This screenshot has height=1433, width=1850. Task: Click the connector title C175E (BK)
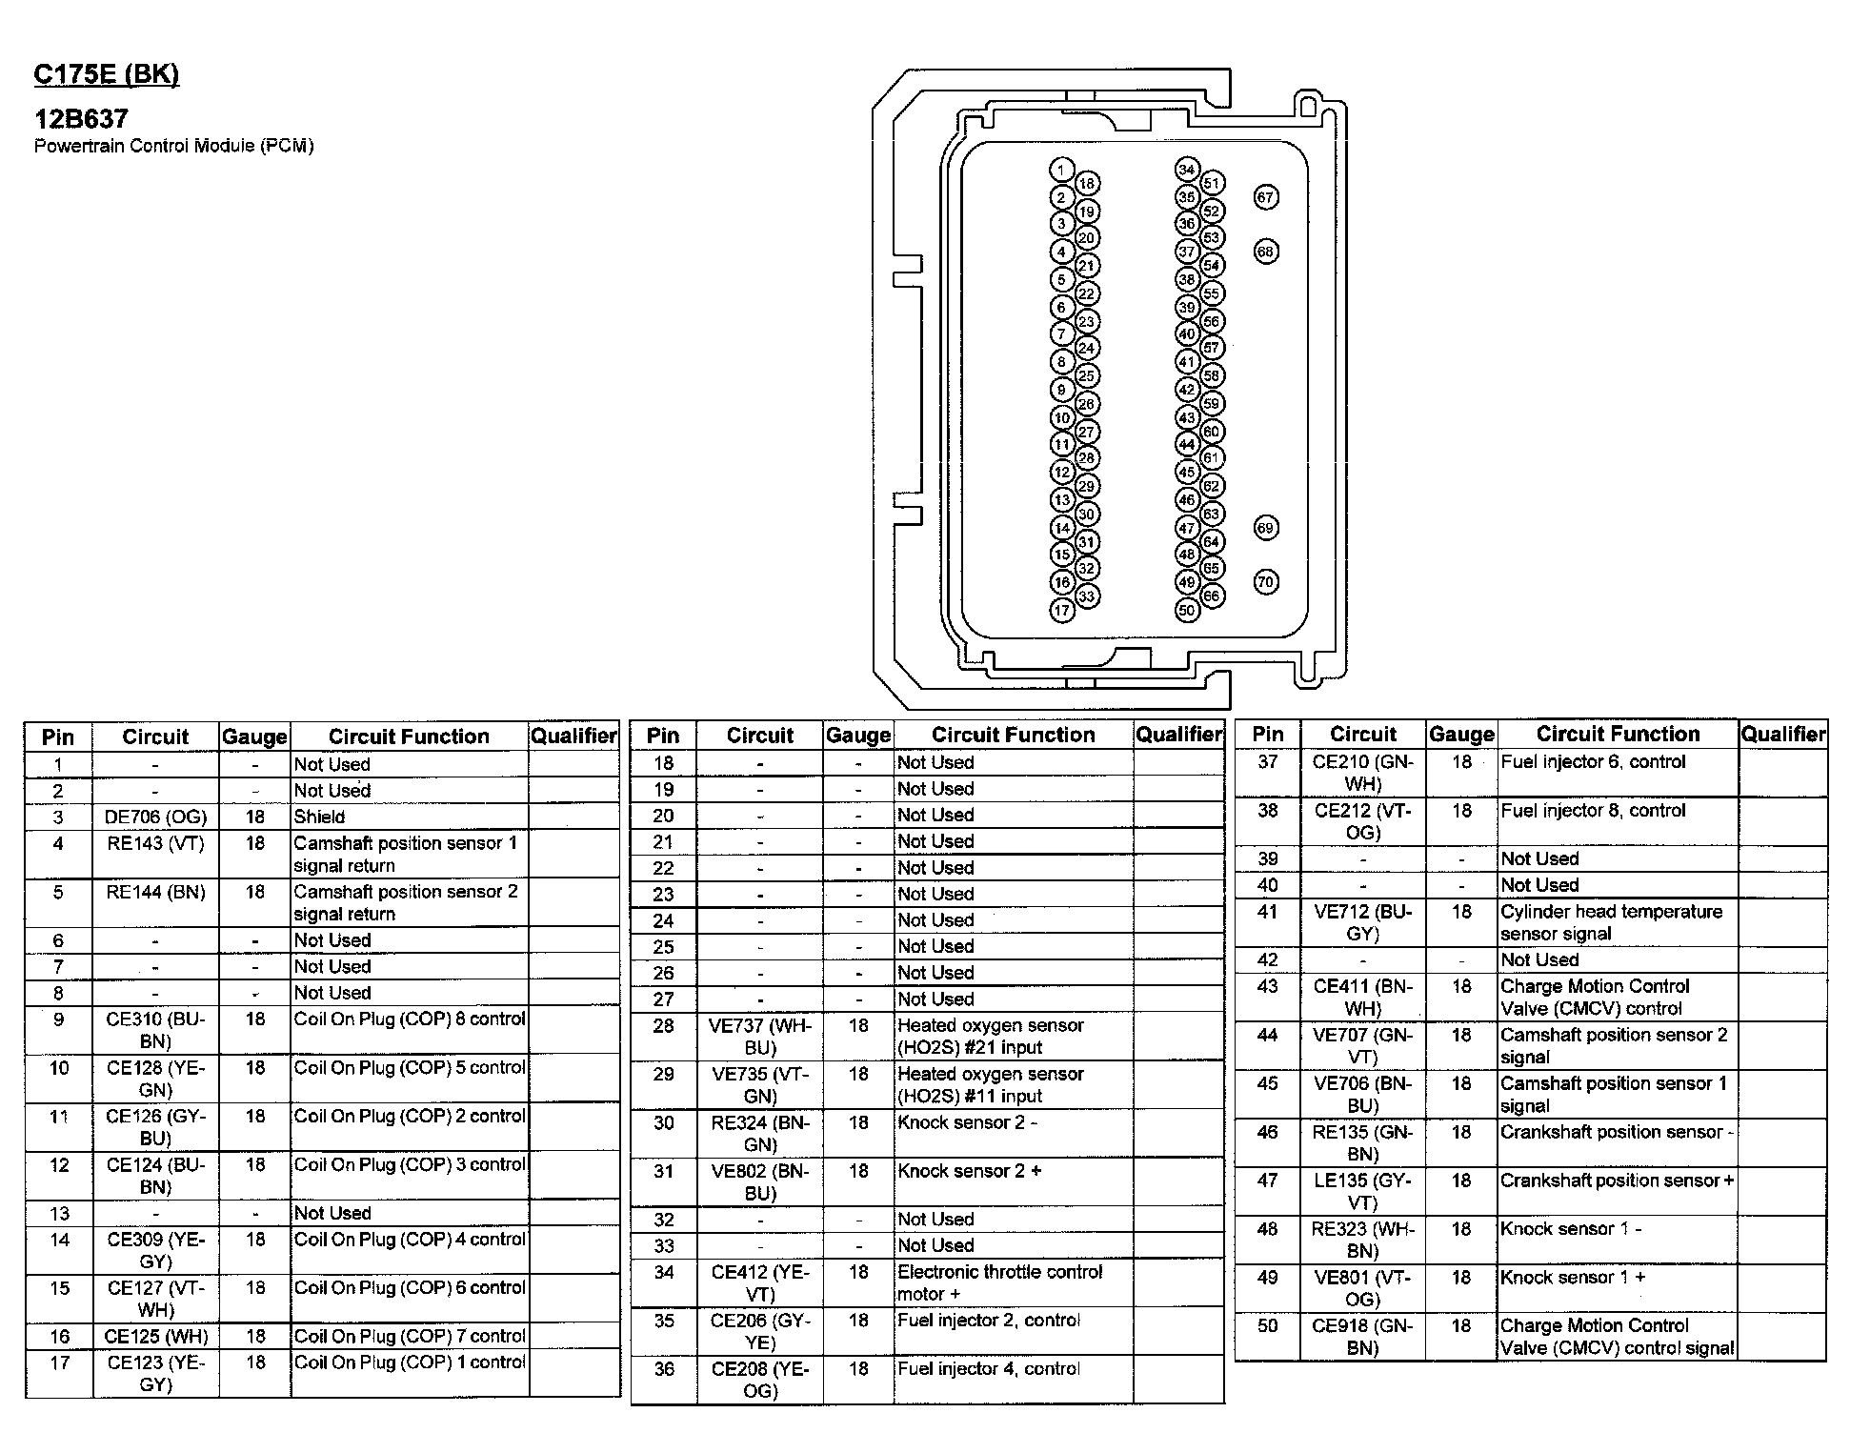click(106, 74)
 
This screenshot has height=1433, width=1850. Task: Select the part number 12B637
click(81, 119)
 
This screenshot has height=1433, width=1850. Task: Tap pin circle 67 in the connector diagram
click(1265, 197)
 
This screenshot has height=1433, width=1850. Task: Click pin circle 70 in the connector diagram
click(1265, 581)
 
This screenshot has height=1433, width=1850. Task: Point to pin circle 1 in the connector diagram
click(1062, 171)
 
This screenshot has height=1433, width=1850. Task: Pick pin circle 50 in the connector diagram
click(1186, 610)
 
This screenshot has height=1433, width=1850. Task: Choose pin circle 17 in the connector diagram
click(1062, 611)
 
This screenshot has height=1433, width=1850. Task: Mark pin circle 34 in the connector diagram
click(1186, 171)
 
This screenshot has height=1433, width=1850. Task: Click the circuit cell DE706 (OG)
click(155, 817)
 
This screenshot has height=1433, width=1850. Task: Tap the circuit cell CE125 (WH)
click(155, 1336)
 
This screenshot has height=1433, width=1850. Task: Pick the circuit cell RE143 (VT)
click(155, 843)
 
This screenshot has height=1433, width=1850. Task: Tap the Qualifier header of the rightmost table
click(1782, 734)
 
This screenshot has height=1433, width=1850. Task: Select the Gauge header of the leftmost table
click(254, 737)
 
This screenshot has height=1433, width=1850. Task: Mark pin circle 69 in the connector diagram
click(1265, 528)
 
